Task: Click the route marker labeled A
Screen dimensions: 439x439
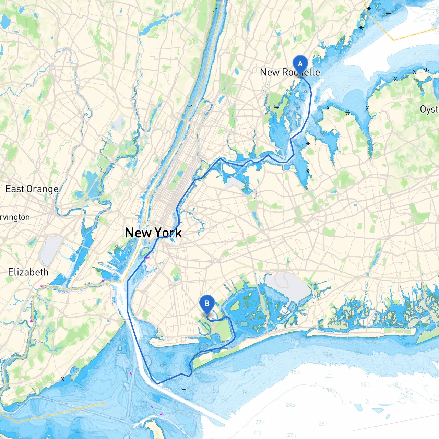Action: pyautogui.click(x=300, y=64)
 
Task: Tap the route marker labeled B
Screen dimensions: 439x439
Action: pyautogui.click(x=207, y=304)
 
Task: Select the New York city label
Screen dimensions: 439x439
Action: pyautogui.click(x=153, y=233)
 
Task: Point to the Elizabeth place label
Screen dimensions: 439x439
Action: pyautogui.click(x=28, y=272)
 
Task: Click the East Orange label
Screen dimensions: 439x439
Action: pyautogui.click(x=32, y=189)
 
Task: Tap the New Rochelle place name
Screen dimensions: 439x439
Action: pyautogui.click(x=290, y=72)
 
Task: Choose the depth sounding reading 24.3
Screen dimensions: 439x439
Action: pyautogui.click(x=290, y=405)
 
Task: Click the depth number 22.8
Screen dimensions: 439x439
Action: pyautogui.click(x=260, y=422)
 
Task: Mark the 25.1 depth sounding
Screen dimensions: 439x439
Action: pyautogui.click(x=323, y=424)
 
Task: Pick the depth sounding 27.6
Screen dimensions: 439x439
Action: pyautogui.click(x=292, y=435)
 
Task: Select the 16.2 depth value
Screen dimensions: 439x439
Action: pyautogui.click(x=365, y=384)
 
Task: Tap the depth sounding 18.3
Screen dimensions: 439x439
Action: pyautogui.click(x=397, y=384)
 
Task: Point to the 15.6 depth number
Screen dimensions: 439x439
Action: pyautogui.click(x=295, y=372)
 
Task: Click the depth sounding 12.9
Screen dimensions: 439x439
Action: pyautogui.click(x=327, y=354)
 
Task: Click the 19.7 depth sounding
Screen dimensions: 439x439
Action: pyautogui.click(x=331, y=390)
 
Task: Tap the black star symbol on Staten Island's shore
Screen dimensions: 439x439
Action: pyautogui.click(x=62, y=379)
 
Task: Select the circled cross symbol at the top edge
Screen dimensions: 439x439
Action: pyautogui.click(x=215, y=10)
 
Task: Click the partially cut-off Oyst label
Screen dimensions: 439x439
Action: pyautogui.click(x=429, y=110)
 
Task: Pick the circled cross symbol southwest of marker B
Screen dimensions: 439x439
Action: pyautogui.click(x=183, y=390)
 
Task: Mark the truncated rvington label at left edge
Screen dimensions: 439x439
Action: pyautogui.click(x=15, y=217)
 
